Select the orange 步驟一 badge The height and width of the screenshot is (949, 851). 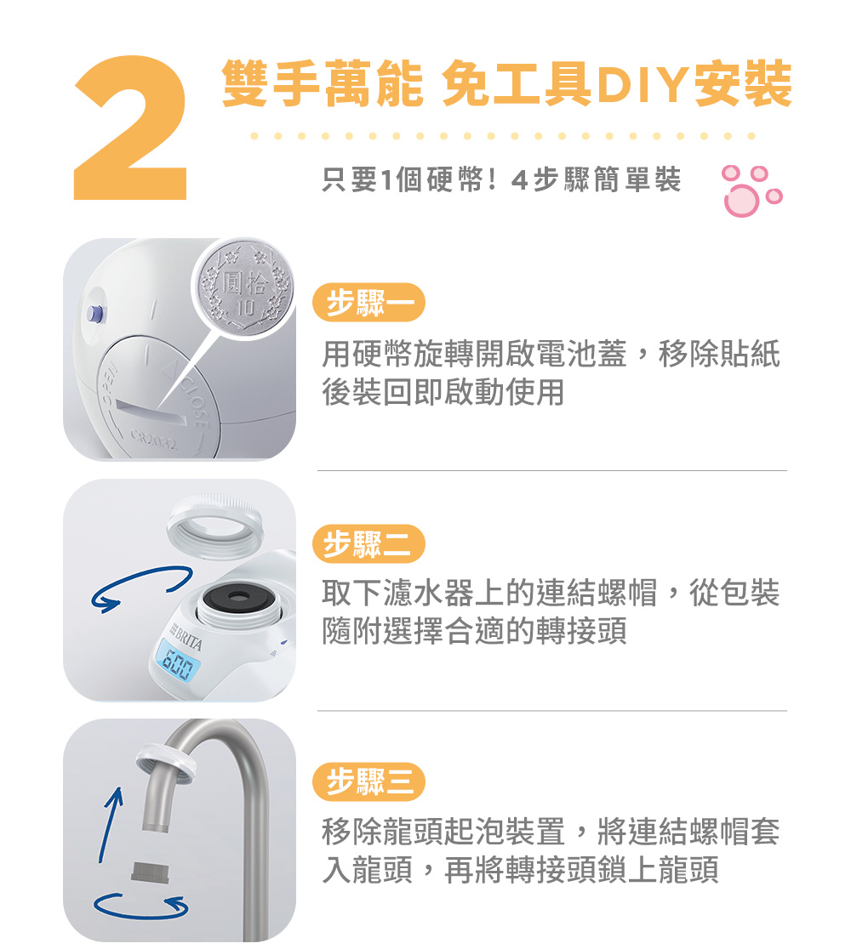(368, 303)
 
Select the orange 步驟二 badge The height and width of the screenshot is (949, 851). (368, 543)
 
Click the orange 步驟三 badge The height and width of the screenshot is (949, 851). (368, 781)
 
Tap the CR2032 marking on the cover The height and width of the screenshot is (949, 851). (153, 440)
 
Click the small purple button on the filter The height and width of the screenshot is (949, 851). (94, 313)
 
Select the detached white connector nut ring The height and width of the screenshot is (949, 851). (215, 525)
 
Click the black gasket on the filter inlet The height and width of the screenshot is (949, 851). (238, 597)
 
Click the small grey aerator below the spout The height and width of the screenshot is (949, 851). (151, 872)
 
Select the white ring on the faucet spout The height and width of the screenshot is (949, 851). (165, 762)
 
